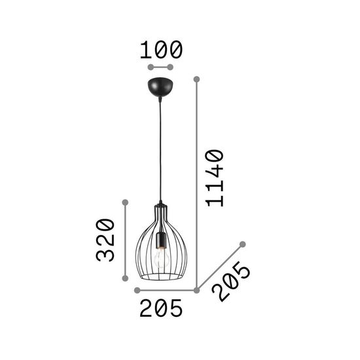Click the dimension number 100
click(160, 49)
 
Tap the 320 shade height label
click(105, 240)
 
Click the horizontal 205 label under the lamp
click(160, 308)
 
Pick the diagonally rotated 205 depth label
click(234, 282)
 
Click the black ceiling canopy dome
click(160, 87)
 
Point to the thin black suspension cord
click(160, 151)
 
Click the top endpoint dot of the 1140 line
click(196, 79)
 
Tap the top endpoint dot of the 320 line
click(124, 200)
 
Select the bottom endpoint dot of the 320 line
click(124, 279)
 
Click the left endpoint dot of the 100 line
click(150, 67)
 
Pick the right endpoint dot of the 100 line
click(171, 67)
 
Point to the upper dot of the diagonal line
click(243, 244)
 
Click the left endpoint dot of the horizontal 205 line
click(136, 290)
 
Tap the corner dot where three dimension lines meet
click(196, 290)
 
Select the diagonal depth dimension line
click(219, 267)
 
